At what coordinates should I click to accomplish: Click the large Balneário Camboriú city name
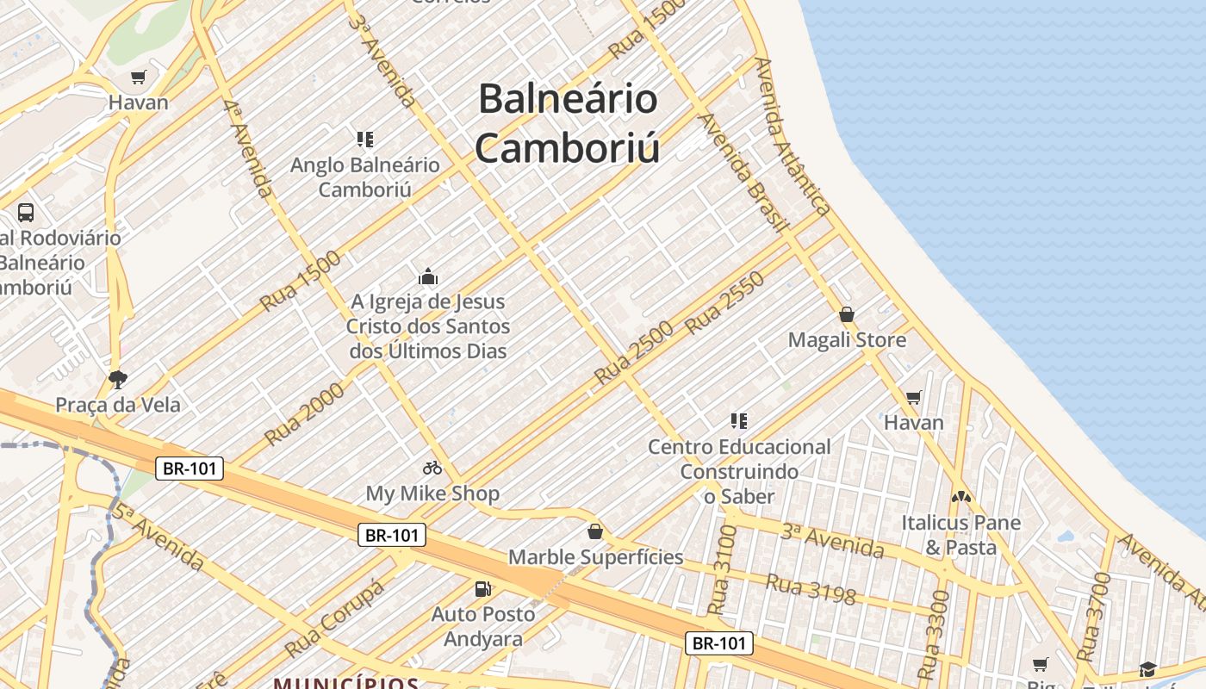tap(568, 122)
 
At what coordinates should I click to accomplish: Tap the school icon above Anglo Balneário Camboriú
tap(365, 139)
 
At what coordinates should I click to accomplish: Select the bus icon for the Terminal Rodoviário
tap(26, 212)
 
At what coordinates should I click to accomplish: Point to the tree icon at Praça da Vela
tap(118, 379)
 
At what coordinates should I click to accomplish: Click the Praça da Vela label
tap(118, 405)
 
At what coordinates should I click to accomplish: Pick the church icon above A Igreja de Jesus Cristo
tap(428, 276)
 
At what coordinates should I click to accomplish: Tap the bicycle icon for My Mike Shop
tap(432, 468)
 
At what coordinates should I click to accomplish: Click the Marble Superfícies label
tap(596, 557)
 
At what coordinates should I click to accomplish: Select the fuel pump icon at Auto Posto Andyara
tap(483, 589)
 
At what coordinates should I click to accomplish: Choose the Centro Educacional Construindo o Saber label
tap(739, 471)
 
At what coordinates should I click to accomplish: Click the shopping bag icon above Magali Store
tap(847, 314)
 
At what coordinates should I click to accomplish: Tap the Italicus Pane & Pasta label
tap(960, 535)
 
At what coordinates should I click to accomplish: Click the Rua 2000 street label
tap(304, 413)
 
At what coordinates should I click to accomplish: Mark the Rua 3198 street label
tap(811, 590)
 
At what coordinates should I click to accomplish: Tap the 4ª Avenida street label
tap(247, 147)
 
